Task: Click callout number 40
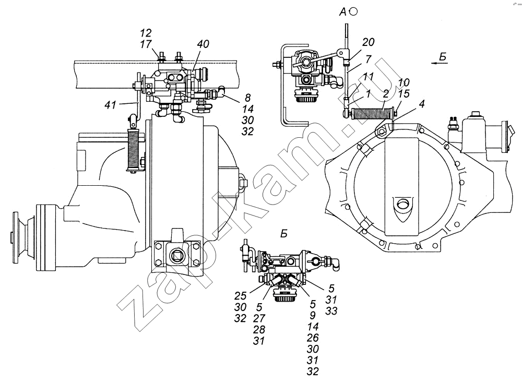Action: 203,44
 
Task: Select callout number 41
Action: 110,105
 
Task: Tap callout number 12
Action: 146,32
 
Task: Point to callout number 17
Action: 146,44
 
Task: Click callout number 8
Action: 247,98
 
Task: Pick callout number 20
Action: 368,42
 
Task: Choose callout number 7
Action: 368,59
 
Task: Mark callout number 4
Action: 422,104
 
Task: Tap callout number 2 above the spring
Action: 386,94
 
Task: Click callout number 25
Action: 240,295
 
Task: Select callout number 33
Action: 331,311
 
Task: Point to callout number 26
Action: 313,338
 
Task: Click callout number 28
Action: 259,329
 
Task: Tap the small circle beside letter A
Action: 354,12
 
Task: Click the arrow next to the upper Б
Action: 438,63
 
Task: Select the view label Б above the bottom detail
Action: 283,234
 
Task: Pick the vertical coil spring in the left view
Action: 133,149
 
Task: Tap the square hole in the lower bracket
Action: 175,256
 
